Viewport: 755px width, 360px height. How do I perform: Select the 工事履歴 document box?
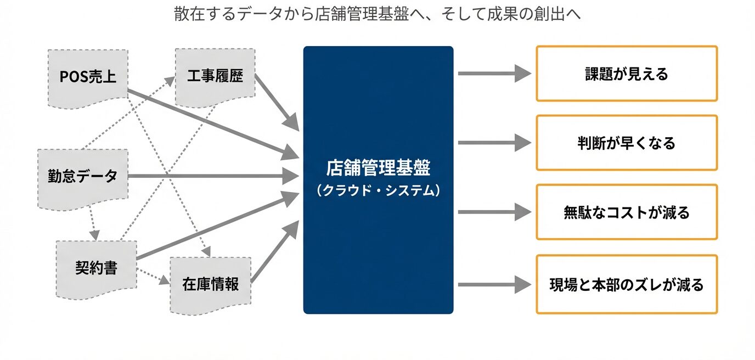[215, 76]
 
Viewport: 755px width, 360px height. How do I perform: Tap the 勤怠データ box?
[82, 177]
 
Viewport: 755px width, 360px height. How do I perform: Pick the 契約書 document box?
[96, 268]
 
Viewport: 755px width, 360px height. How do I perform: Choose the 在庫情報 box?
[210, 284]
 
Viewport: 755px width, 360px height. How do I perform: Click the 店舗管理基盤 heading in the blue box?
[378, 167]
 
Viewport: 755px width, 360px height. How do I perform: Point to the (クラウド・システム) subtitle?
[378, 190]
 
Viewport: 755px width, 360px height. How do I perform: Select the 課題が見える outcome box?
[626, 74]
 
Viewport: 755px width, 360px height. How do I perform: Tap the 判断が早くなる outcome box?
[626, 143]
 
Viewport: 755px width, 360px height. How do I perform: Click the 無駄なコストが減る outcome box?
[626, 212]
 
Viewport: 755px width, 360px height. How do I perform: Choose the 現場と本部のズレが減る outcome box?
[626, 284]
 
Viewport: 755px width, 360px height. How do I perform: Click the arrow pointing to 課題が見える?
[494, 73]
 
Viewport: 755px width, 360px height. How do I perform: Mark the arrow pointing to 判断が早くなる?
[494, 143]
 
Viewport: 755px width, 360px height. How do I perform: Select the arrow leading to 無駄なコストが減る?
[494, 212]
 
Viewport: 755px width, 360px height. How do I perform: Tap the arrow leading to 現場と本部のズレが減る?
[494, 284]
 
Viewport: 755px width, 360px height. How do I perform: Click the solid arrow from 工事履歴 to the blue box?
[277, 103]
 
